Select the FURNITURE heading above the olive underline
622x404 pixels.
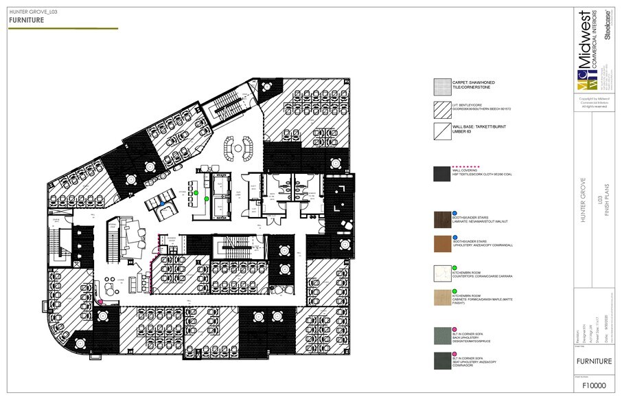(x=27, y=21)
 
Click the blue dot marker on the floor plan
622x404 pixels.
(x=161, y=203)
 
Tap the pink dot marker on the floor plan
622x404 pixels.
(x=100, y=302)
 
